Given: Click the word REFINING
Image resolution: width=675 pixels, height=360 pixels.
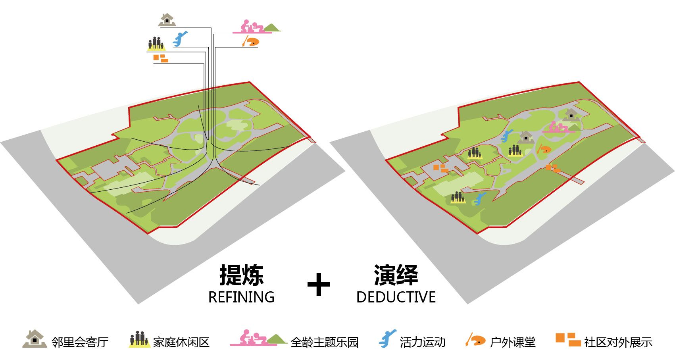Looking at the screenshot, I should (x=241, y=297).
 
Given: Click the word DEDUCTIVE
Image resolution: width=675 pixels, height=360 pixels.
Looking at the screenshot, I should (x=396, y=297).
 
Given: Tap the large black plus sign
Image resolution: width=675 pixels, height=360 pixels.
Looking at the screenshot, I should (x=319, y=284).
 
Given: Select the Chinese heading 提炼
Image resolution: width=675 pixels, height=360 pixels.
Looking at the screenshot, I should (x=241, y=275).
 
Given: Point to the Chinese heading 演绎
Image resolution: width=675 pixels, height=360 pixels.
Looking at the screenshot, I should (x=396, y=275).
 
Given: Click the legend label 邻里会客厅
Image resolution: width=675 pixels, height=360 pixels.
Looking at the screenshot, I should (x=80, y=342).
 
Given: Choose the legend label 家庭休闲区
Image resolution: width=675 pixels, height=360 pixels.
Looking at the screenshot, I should (x=181, y=342).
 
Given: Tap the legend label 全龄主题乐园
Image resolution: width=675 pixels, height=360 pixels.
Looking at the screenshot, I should (x=325, y=342).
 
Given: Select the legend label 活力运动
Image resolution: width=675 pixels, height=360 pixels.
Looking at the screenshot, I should (x=422, y=342).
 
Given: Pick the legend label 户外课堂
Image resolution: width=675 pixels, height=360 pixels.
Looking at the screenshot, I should (x=512, y=342).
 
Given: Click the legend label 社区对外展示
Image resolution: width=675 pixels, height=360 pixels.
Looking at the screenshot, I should (x=618, y=342).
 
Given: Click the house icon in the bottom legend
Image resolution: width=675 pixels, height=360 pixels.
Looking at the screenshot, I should (x=35, y=339).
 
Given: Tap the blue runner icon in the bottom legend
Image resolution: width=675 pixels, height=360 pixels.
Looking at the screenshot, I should (x=387, y=339).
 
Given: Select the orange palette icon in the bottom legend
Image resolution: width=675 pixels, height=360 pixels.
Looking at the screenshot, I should (x=475, y=339).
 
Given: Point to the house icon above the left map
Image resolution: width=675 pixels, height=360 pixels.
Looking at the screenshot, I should (x=167, y=20).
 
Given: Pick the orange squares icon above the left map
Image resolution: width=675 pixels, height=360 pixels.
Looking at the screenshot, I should (x=161, y=58).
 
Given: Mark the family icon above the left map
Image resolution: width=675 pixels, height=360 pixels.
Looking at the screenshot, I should (x=156, y=44).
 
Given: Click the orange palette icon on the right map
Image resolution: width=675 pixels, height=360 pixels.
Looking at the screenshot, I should (x=544, y=150).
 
